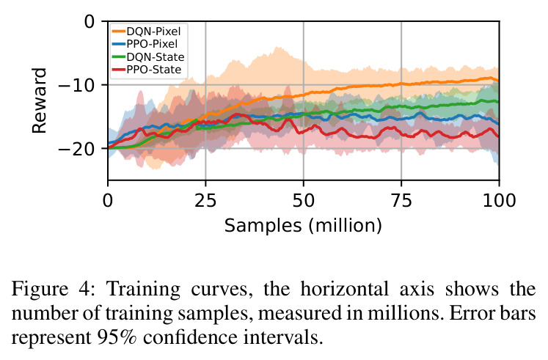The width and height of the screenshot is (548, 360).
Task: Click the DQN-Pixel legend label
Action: (x=153, y=32)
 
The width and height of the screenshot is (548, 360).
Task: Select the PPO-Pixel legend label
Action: (x=152, y=44)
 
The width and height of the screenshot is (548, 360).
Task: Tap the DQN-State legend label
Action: (x=156, y=57)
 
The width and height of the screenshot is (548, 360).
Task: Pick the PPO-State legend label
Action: (x=154, y=70)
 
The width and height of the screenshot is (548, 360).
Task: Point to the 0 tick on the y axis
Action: (x=89, y=22)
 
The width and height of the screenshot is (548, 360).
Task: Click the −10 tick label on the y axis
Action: (x=76, y=85)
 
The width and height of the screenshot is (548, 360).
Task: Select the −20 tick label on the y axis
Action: (x=76, y=149)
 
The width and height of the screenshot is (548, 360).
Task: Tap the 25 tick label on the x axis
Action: (x=205, y=200)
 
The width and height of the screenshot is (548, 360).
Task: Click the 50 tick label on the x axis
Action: (x=304, y=200)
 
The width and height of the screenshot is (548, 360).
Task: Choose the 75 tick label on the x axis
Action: (x=401, y=200)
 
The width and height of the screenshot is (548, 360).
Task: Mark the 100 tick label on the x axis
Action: (x=499, y=200)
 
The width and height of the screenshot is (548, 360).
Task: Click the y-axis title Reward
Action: (x=39, y=100)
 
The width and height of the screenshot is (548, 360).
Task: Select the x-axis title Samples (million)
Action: (x=303, y=226)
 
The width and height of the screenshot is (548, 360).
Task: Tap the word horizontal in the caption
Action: (x=344, y=289)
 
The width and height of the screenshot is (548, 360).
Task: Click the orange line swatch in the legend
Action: (x=119, y=32)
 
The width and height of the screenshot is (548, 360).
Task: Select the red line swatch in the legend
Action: (x=119, y=70)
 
